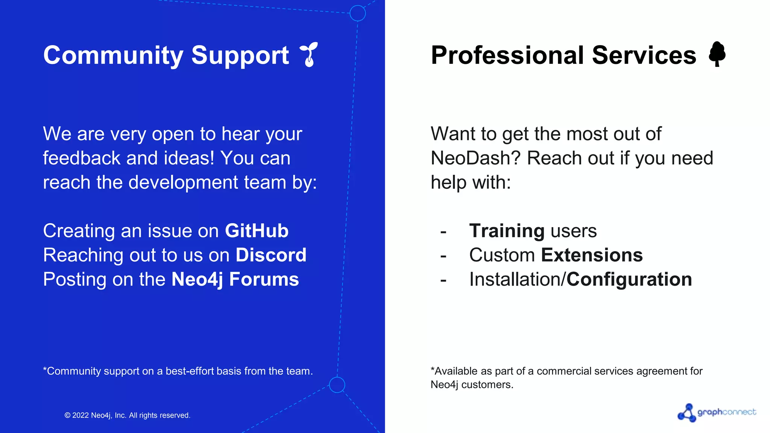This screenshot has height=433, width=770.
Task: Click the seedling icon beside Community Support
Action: coord(309,55)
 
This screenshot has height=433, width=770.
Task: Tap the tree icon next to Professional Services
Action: coord(717,54)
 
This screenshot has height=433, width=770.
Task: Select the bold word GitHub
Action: coord(256,231)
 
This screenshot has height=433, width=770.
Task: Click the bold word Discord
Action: coord(271,255)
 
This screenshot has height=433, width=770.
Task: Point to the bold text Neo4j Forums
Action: coord(235,280)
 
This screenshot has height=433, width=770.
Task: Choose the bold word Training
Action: coord(506,231)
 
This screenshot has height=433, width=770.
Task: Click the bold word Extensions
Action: coord(592,255)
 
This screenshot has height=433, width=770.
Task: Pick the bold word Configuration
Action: coord(629,280)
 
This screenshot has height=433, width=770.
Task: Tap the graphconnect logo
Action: coord(717,413)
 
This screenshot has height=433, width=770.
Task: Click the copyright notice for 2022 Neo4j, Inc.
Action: coord(127,415)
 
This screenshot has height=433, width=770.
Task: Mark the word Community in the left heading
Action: coord(113,55)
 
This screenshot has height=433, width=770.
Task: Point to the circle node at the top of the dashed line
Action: coord(358,13)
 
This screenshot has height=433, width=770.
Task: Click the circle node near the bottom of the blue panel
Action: coord(337,385)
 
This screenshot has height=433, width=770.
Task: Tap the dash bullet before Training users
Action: coord(443,232)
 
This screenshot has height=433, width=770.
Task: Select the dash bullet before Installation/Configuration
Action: coord(443,280)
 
